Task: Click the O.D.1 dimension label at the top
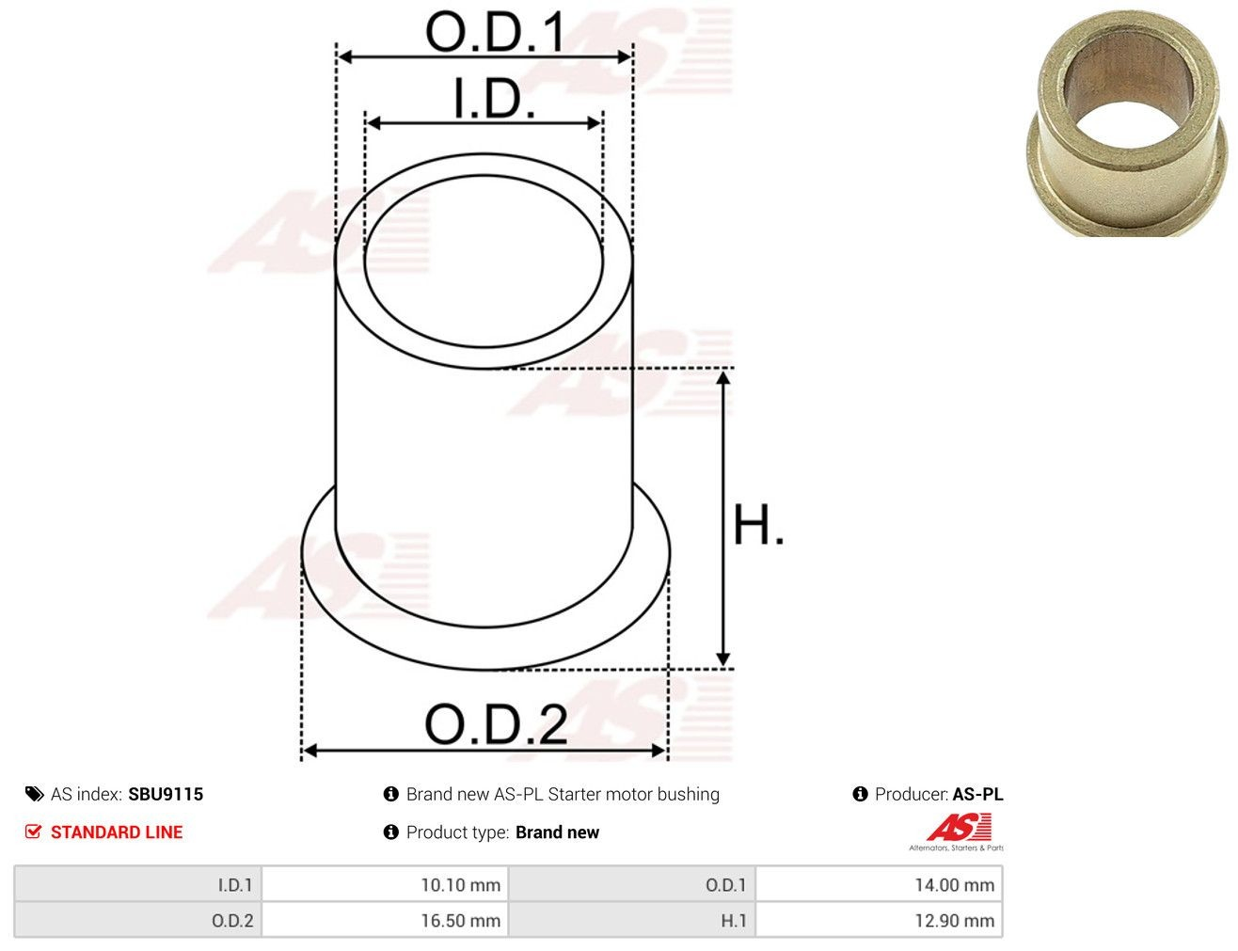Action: (x=495, y=32)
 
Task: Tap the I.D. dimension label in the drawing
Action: (x=493, y=99)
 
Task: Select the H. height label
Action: (x=758, y=525)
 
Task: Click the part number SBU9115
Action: (x=166, y=794)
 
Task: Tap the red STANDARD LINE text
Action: (x=117, y=832)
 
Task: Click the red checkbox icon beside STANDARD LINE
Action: (x=33, y=832)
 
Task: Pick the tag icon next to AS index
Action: (x=34, y=794)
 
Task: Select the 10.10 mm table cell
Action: (x=385, y=884)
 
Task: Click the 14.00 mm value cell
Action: (x=879, y=884)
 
